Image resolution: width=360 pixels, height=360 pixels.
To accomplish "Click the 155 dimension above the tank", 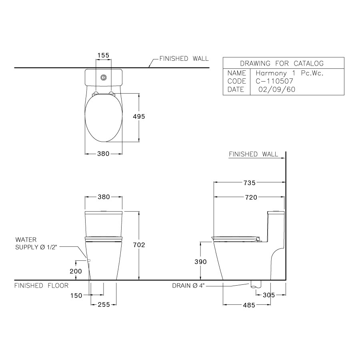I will coord(104,56).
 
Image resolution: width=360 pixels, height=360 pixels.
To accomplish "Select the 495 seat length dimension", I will coord(139,116).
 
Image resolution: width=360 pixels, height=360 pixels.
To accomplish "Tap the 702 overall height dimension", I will coord(139,245).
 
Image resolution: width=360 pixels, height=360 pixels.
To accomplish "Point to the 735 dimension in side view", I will coord(249,183).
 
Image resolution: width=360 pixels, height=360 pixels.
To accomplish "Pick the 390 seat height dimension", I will coord(200,262).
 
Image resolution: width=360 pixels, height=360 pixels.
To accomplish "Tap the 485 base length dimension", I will coord(249,305).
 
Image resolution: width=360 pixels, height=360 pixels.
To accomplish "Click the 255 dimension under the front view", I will coord(104,305).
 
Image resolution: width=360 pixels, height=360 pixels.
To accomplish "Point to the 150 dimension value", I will coord(76,296).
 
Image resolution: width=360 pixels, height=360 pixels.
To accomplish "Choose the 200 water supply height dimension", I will coord(76,271).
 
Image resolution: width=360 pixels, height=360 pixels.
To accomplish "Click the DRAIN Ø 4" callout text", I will coord(191,286).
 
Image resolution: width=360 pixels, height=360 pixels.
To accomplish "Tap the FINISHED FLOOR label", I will coord(41,286).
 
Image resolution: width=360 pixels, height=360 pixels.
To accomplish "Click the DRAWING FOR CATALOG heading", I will coord(282,63).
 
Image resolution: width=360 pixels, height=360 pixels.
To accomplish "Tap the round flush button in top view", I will coord(104,77).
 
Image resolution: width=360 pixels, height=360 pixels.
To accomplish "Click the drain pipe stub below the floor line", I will coord(254,285).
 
